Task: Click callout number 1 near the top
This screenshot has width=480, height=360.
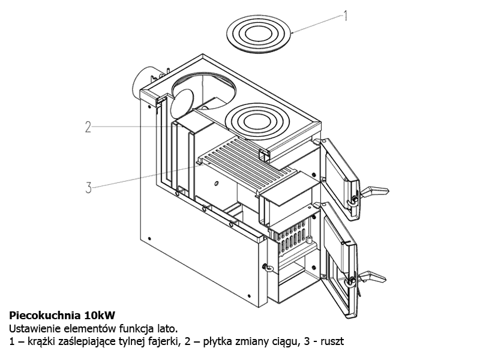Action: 346,16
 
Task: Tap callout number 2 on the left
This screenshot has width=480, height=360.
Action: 88,127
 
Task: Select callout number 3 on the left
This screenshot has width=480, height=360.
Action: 88,188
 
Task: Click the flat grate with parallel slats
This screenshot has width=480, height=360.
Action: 247,166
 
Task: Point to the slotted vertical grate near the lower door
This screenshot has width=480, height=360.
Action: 292,236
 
